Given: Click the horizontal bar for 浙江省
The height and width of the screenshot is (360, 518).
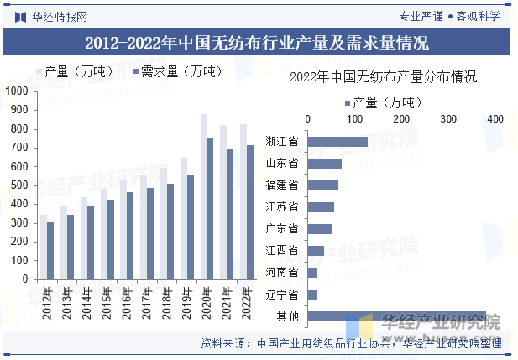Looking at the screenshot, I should [x=338, y=141].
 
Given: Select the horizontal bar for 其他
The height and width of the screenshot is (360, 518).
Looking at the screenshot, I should [x=397, y=316].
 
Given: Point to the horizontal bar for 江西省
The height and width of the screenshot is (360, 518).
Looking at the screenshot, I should [x=317, y=250].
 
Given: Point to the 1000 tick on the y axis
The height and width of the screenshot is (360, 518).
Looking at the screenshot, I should [x=16, y=91].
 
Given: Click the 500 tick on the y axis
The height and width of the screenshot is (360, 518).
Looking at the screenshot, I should [x=19, y=185].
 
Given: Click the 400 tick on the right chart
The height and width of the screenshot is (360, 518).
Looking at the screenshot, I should [x=494, y=119].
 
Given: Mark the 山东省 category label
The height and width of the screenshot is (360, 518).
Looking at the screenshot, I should [x=282, y=163].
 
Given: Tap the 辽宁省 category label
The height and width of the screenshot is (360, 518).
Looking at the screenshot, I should [x=282, y=295].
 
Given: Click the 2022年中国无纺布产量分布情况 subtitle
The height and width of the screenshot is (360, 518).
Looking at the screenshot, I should [x=383, y=77].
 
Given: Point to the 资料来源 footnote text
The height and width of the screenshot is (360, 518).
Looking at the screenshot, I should [x=350, y=342].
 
